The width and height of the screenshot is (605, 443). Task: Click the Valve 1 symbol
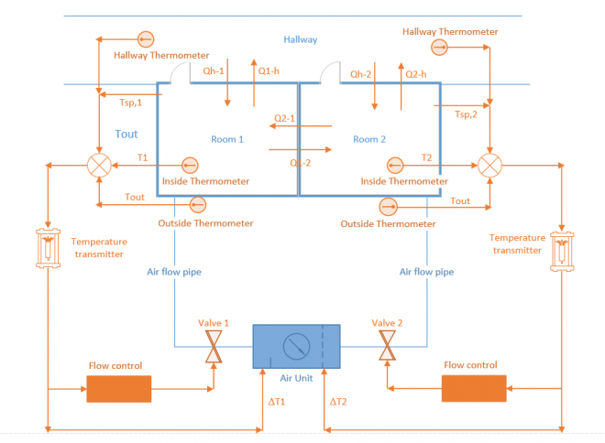[x=213, y=346]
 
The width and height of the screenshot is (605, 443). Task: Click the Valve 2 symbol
[x=386, y=346]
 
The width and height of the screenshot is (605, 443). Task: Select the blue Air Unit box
[x=296, y=345]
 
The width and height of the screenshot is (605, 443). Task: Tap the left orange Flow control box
[x=119, y=388]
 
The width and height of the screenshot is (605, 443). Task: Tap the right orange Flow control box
[x=474, y=388]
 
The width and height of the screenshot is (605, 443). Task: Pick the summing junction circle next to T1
[x=99, y=166]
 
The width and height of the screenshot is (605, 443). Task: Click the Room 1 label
[x=228, y=140]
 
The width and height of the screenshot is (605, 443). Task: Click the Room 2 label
[x=370, y=140]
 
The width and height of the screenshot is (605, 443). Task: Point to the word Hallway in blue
[x=300, y=39]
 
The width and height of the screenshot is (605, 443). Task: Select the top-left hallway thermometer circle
[x=145, y=39]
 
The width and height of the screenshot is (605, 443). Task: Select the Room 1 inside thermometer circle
[x=190, y=166]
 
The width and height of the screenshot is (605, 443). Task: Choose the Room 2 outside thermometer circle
[x=389, y=205]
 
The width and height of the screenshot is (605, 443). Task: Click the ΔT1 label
[x=277, y=402]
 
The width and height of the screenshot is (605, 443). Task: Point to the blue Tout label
[x=126, y=135]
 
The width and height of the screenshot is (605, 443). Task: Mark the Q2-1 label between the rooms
[x=285, y=118]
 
